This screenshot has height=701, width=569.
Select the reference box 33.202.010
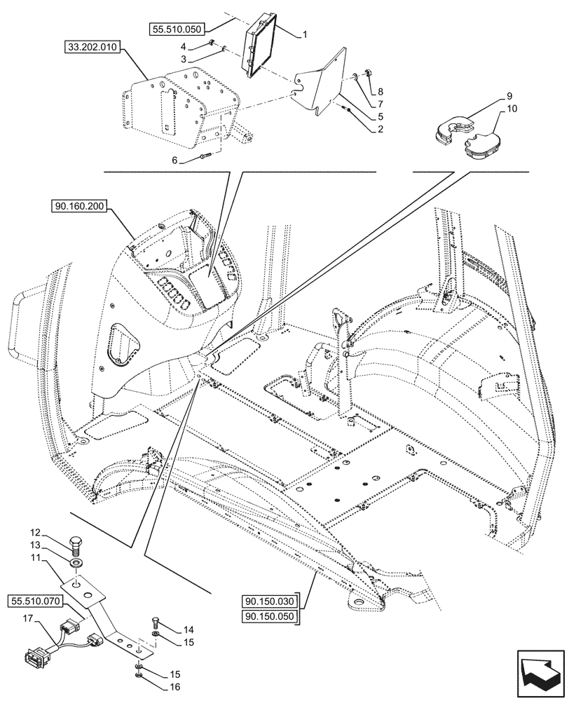(92, 48)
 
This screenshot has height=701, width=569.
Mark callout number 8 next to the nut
(381, 91)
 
